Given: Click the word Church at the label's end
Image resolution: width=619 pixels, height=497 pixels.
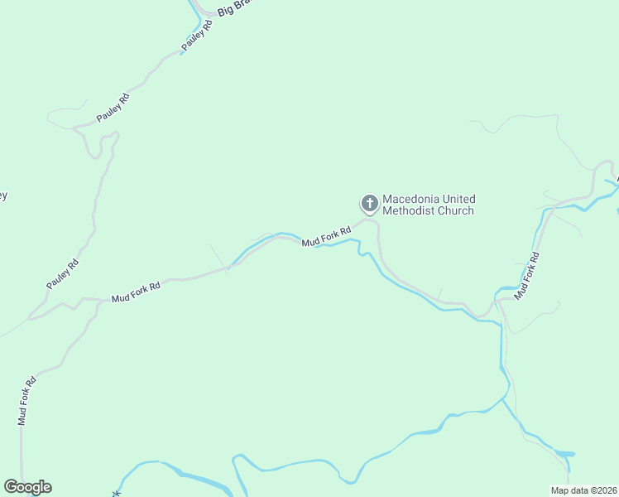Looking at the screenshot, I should pyautogui.click(x=456, y=211).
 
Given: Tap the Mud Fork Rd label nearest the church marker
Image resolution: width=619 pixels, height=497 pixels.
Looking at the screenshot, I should pyautogui.click(x=326, y=237).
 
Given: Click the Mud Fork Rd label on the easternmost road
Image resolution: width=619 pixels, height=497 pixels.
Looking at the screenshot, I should pyautogui.click(x=528, y=276).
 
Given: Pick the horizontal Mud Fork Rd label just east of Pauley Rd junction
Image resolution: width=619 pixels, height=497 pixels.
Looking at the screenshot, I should pyautogui.click(x=136, y=291).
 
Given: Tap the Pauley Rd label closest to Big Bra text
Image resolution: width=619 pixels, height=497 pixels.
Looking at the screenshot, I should pyautogui.click(x=198, y=36).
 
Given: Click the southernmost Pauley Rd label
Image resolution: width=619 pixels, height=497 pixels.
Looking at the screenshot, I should pyautogui.click(x=63, y=274).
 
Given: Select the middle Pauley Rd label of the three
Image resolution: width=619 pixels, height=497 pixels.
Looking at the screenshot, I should pyautogui.click(x=113, y=109).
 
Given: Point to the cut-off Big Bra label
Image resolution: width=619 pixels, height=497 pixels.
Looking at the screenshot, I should pyautogui.click(x=233, y=9).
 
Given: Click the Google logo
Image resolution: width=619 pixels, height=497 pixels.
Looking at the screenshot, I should pyautogui.click(x=27, y=487).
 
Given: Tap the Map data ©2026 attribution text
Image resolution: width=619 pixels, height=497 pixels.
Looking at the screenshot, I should pyautogui.click(x=583, y=490).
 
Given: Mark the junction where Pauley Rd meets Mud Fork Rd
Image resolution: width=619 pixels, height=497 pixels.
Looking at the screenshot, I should pyautogui.click(x=31, y=317).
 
